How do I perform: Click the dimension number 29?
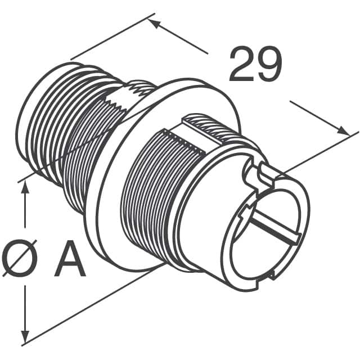(255, 66)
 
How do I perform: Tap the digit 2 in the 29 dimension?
(241, 66)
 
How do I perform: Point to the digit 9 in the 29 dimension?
(268, 66)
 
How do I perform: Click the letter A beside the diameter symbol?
(70, 258)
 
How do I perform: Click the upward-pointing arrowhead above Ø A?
(24, 188)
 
